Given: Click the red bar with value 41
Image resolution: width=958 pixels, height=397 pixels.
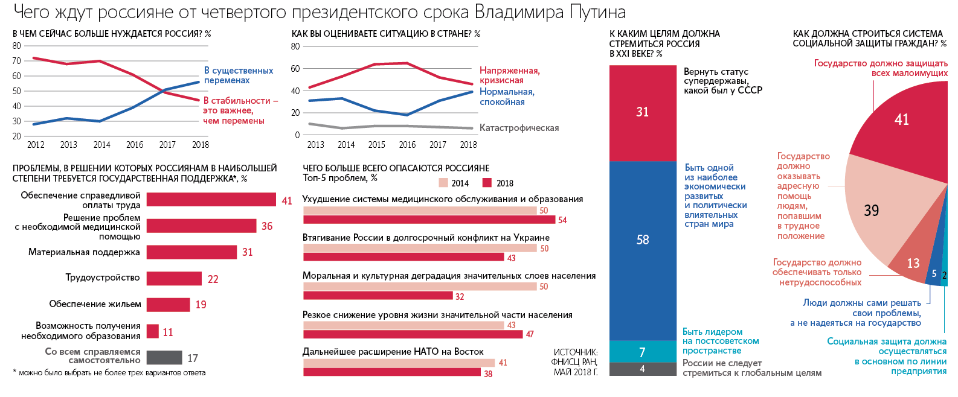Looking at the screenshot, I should pos(211,200).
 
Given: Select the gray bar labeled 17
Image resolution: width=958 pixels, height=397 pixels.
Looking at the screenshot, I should pos(164,358).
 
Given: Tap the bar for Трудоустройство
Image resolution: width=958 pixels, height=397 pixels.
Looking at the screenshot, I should pos(174,278).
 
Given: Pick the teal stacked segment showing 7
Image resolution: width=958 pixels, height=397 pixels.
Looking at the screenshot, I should pos(643,352).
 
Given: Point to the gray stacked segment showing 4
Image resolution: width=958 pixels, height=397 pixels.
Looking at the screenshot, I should pos(643,369).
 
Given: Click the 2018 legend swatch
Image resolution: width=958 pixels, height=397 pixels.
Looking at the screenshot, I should pos(487,183).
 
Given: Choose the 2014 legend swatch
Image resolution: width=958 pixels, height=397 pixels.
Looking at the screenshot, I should pos(443,183).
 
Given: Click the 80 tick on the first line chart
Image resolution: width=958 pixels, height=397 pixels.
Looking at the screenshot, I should pos(17,46).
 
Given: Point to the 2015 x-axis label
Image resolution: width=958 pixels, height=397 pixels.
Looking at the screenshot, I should pos(376,145).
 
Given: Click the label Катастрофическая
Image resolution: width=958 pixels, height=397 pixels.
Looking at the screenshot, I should pos(519,128).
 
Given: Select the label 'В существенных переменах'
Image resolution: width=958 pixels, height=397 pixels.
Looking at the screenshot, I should pos(238,75).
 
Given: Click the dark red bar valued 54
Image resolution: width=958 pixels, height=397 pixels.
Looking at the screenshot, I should pos(429,220).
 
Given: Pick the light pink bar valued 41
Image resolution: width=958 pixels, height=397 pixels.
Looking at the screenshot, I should pos(399,363).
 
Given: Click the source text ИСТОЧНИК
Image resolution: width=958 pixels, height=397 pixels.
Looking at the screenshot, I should pos(576,352).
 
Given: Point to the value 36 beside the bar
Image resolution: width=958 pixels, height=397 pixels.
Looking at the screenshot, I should pos(267,226).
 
